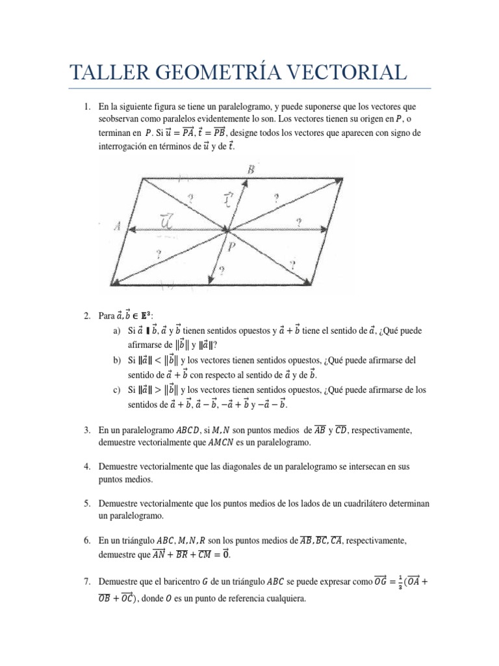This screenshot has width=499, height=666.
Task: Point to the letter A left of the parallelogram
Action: (117, 227)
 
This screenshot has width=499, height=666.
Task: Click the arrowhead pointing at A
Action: (131, 229)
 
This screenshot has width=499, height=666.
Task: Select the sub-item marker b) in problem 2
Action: (117, 360)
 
